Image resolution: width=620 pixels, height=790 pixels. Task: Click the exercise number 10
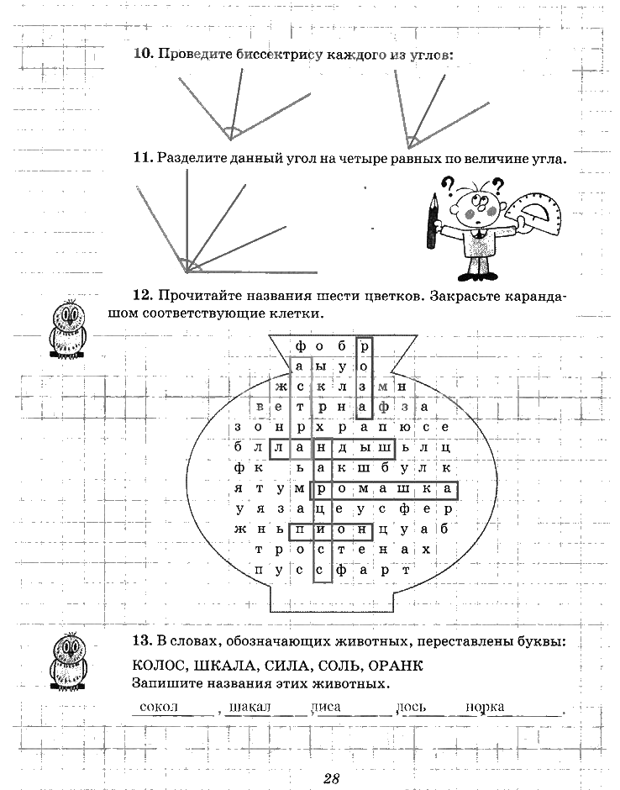tap(144, 54)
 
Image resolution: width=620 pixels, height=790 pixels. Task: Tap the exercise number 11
tap(143, 158)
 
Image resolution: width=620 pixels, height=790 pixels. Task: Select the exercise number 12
tap(143, 295)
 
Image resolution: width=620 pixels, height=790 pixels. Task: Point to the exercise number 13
tap(143, 641)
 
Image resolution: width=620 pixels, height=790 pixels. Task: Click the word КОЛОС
tap(159, 666)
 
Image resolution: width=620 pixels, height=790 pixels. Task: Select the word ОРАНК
tap(396, 666)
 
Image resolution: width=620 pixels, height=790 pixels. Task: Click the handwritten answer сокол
tap(159, 706)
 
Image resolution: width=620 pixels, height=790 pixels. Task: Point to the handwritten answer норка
tap(485, 707)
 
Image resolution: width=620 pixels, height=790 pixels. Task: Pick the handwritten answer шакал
tap(250, 707)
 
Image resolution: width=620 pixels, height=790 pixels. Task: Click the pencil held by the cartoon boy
tap(432, 221)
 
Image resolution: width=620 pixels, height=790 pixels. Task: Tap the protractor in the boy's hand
tap(533, 212)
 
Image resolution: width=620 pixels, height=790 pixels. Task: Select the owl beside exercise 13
tap(68, 661)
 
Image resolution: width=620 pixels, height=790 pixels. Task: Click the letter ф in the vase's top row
tap(300, 346)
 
